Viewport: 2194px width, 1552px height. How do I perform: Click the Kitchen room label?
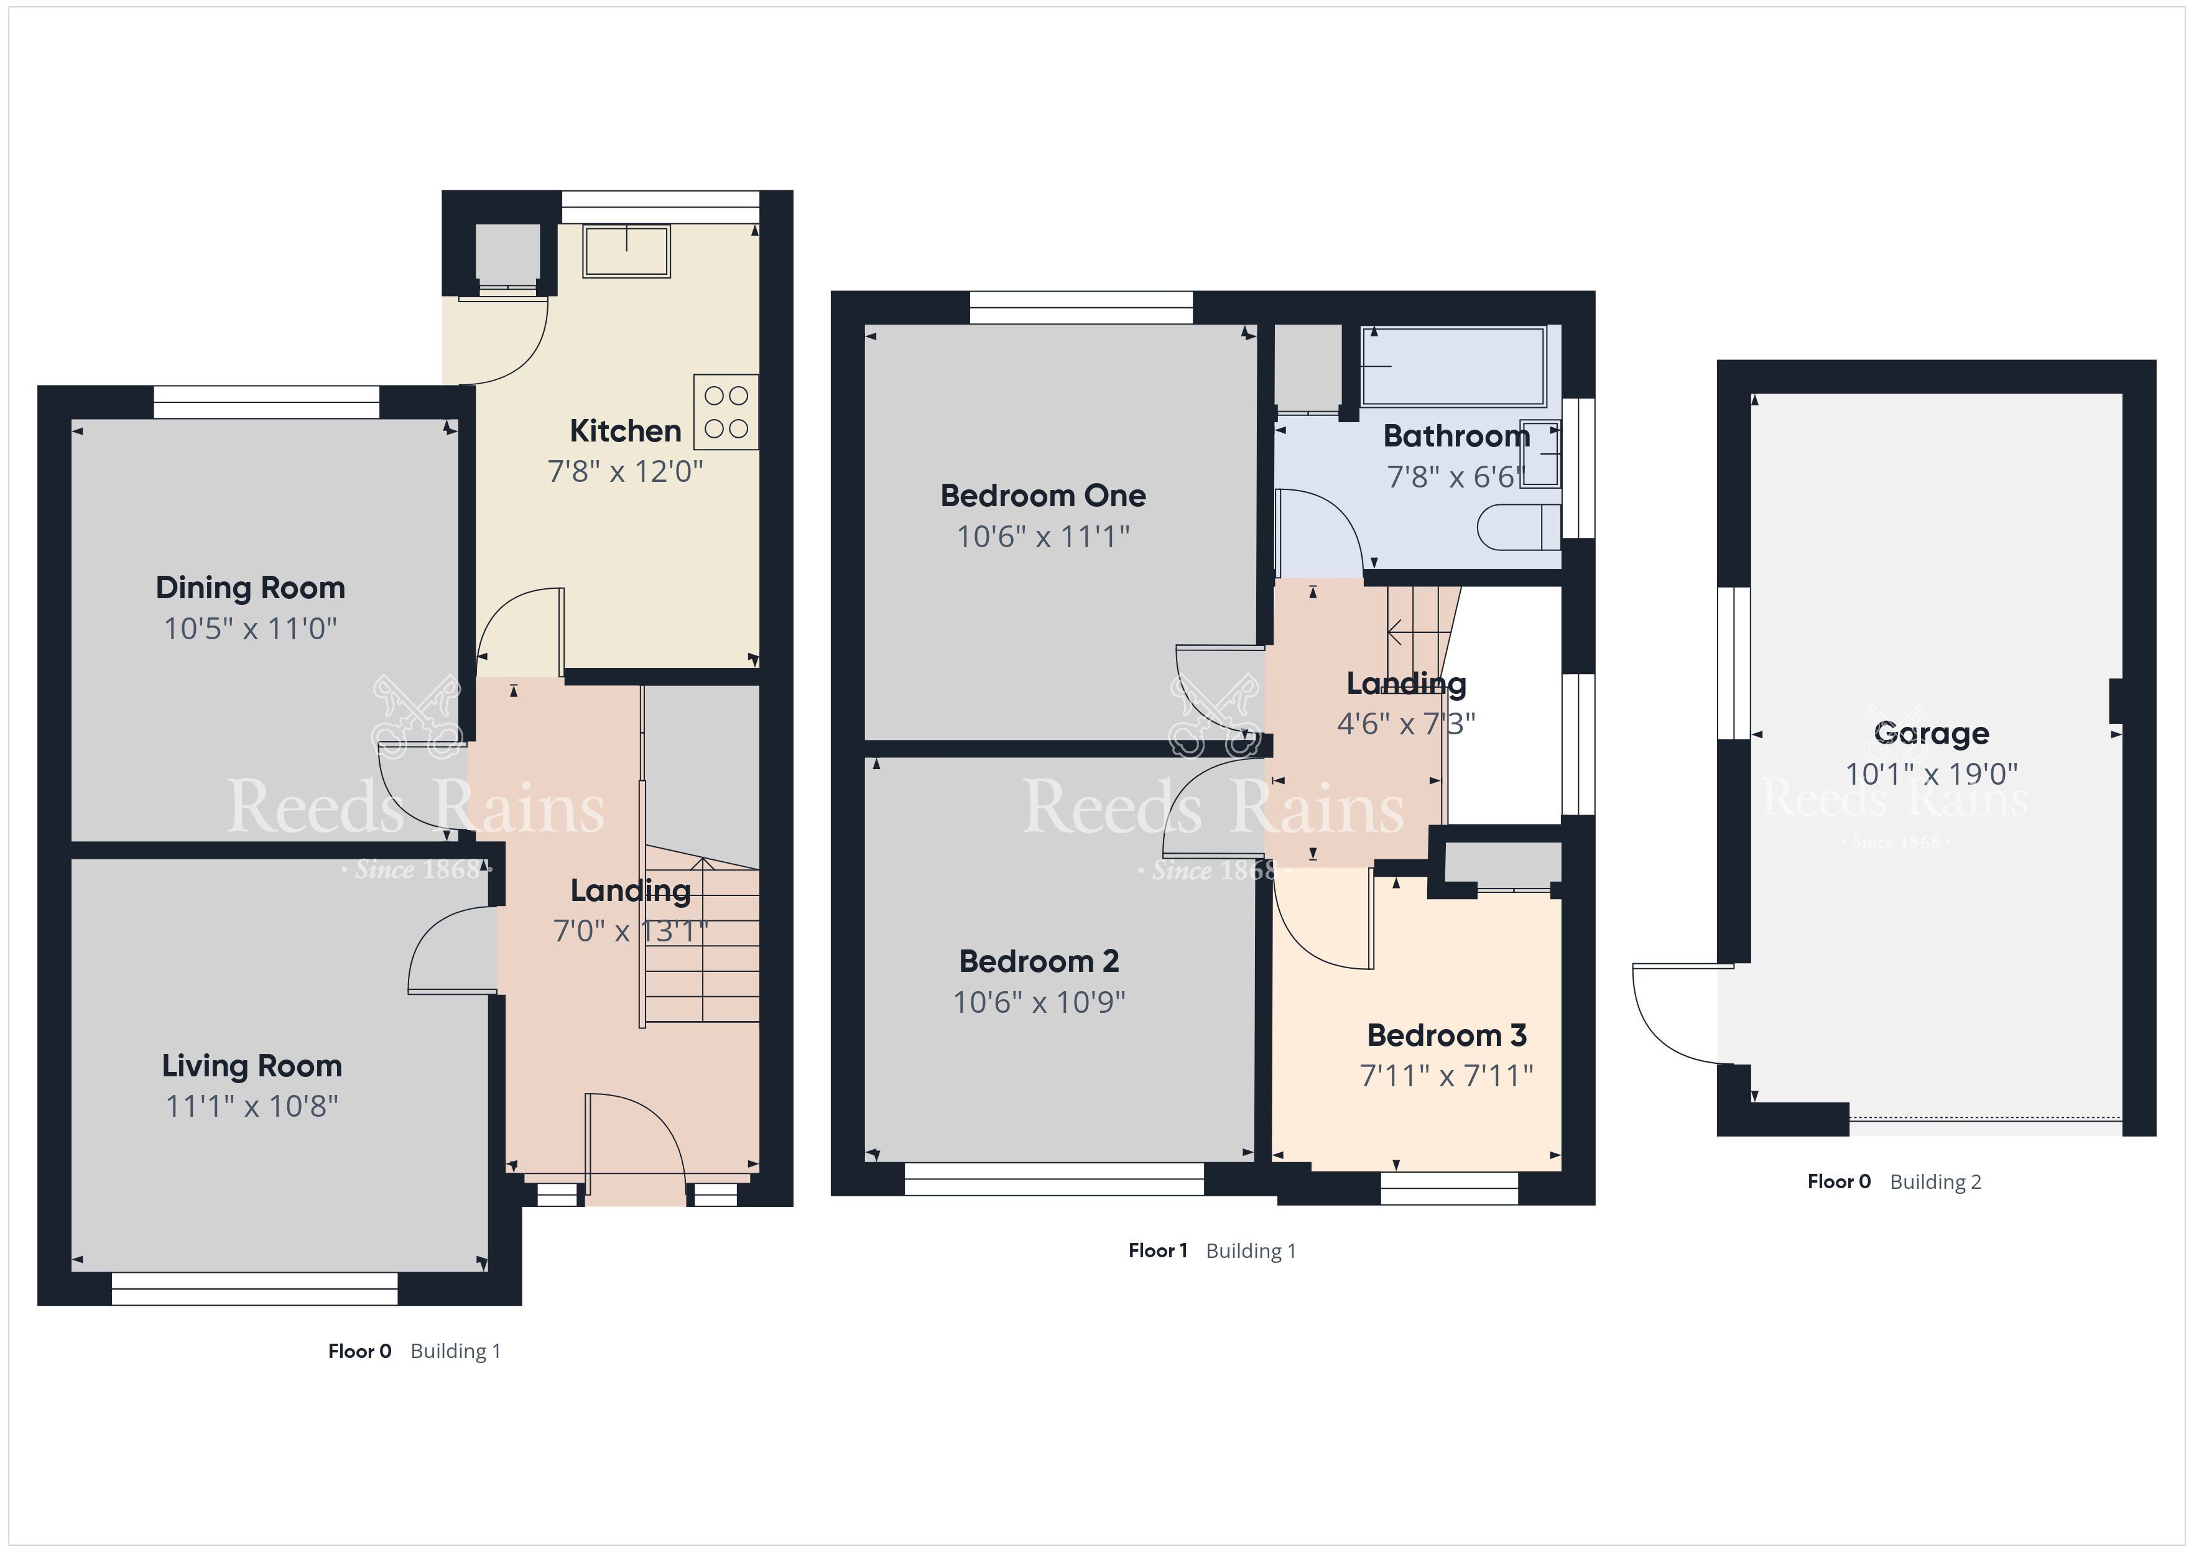coord(625,431)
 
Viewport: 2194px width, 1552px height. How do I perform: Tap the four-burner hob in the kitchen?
coord(726,412)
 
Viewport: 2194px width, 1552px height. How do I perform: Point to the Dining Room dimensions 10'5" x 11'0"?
coord(251,629)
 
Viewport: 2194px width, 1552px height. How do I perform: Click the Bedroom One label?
coord(1044,496)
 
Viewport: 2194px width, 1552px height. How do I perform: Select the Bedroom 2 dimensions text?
coord(1040,1002)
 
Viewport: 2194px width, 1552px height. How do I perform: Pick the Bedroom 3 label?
coord(1446,1035)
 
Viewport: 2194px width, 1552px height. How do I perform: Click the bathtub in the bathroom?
coord(1453,366)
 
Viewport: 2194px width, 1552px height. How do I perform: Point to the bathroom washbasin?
coord(1540,454)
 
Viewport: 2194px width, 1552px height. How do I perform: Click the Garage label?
coord(1931,734)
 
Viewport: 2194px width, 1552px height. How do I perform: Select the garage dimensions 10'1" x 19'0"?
coord(1931,774)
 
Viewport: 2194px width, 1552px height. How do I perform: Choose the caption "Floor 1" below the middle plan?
coord(1158,1251)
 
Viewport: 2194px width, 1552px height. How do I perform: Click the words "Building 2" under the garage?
coord(1936,1182)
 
